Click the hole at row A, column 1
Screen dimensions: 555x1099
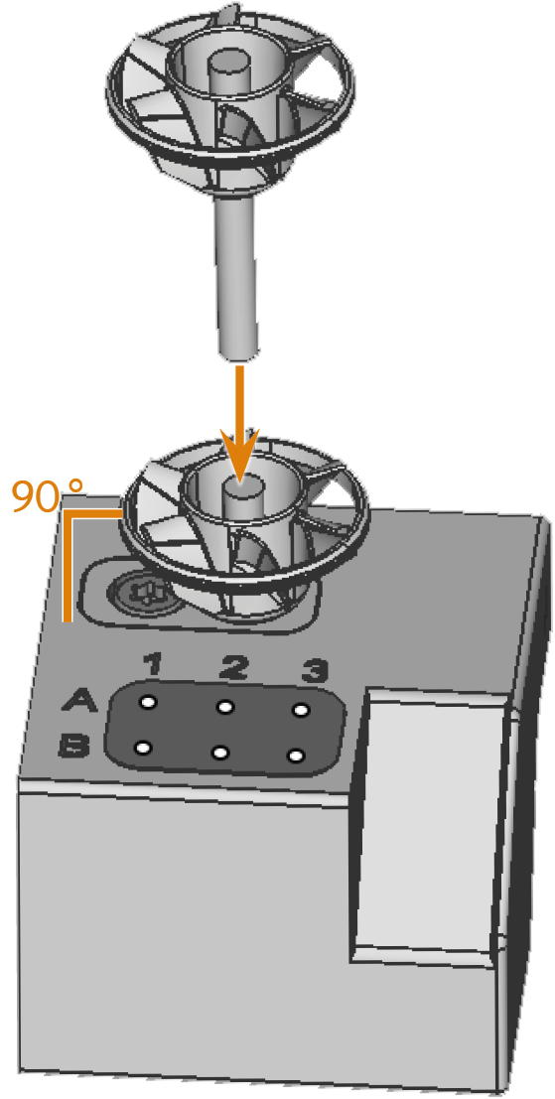tap(148, 702)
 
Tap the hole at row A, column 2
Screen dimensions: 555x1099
tap(225, 707)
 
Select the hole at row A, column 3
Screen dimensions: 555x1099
tap(301, 710)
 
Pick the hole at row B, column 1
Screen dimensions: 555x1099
tap(143, 748)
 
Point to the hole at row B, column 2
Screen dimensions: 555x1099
tap(220, 753)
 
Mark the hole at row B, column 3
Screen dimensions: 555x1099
tap(297, 756)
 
